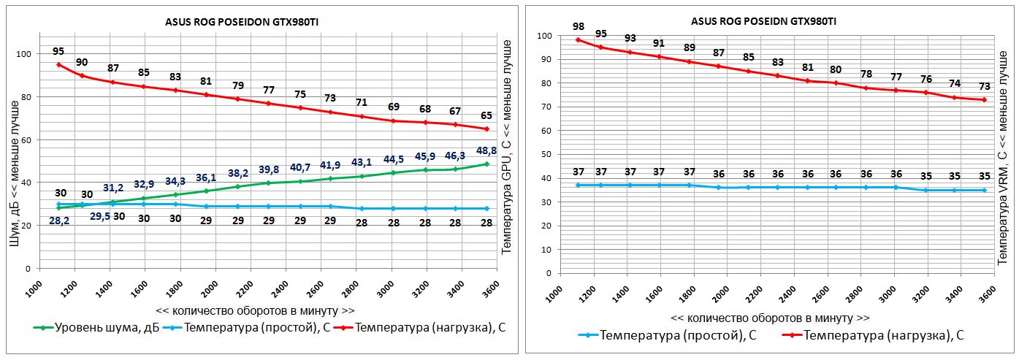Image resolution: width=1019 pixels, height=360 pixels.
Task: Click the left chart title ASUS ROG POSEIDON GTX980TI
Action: [x=243, y=23]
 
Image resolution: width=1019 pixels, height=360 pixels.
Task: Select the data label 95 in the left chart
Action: [x=58, y=52]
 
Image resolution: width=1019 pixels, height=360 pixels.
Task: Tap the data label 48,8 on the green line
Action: [x=486, y=150]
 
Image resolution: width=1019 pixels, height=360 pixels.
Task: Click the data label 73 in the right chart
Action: [x=984, y=86]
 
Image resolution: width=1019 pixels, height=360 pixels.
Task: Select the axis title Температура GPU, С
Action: [x=505, y=146]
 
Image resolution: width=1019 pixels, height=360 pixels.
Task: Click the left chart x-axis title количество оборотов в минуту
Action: [x=255, y=310]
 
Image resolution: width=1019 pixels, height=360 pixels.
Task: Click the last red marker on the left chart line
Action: [x=486, y=129]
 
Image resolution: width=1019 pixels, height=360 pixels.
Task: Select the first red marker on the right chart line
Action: [x=578, y=39]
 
